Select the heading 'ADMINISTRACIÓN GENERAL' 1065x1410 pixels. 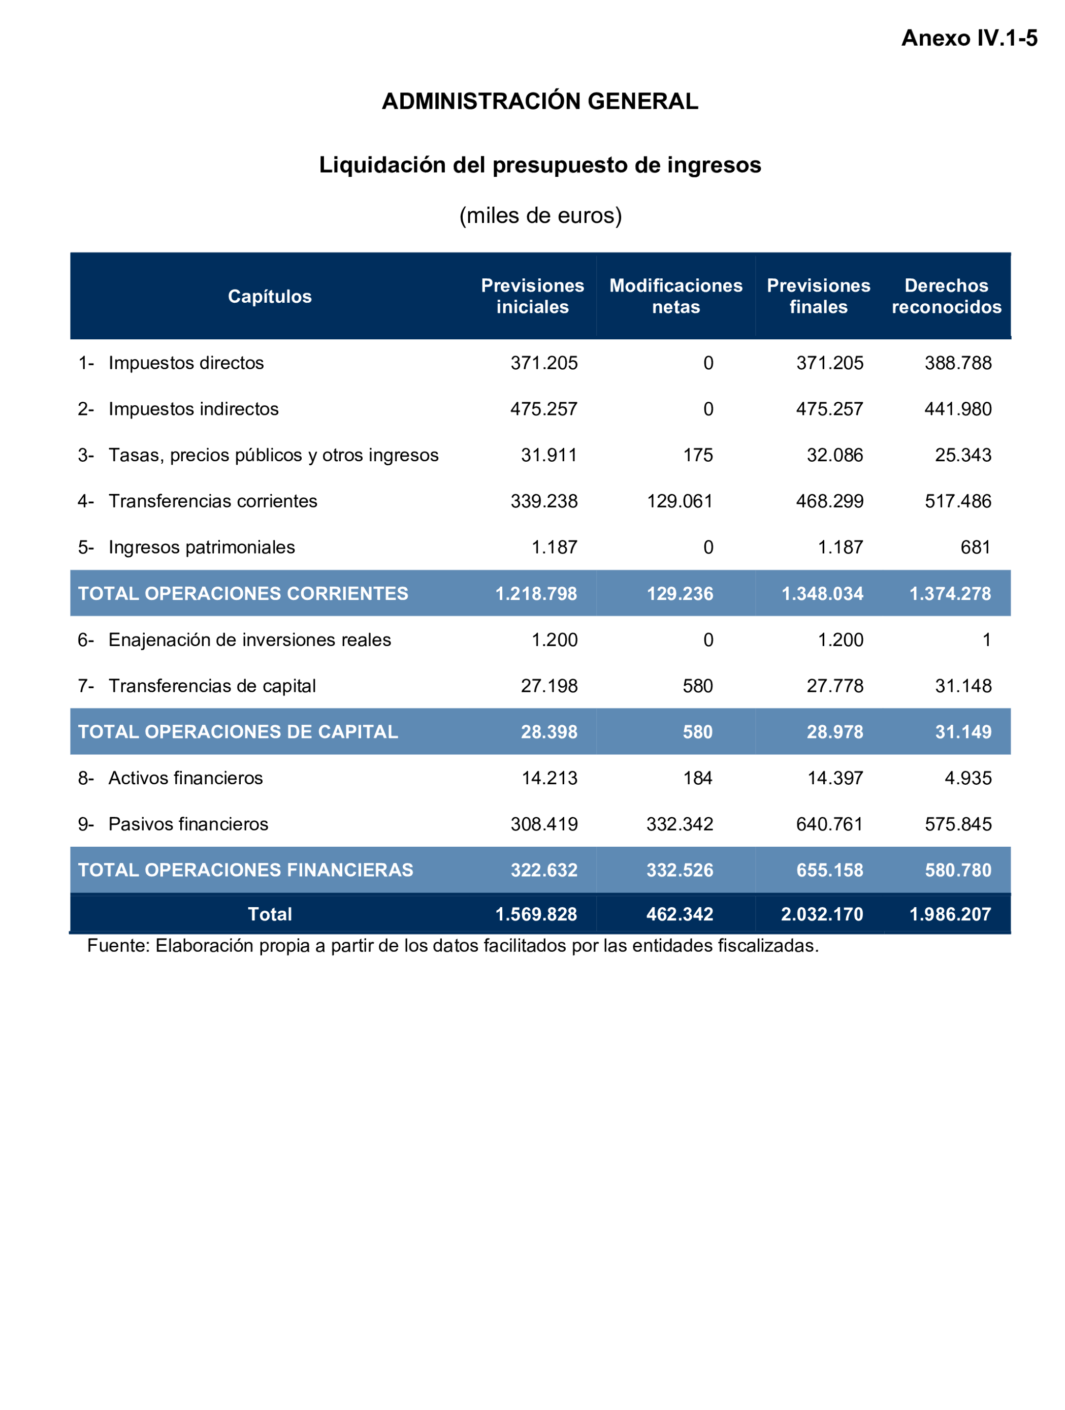click(x=539, y=102)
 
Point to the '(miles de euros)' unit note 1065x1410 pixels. click(x=540, y=215)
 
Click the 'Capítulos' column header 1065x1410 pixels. click(x=270, y=297)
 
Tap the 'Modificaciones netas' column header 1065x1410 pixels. click(x=675, y=297)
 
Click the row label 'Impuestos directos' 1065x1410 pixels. click(x=185, y=363)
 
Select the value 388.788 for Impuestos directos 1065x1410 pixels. click(x=957, y=363)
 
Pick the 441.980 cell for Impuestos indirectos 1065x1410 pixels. click(x=957, y=408)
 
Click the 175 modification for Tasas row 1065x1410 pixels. click(x=698, y=455)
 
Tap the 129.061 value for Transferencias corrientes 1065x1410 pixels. click(x=680, y=501)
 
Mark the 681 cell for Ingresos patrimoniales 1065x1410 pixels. click(x=975, y=547)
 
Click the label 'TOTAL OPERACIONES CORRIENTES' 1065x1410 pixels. click(x=243, y=593)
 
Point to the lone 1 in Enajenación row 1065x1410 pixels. click(x=986, y=639)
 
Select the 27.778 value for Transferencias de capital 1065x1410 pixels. click(x=834, y=686)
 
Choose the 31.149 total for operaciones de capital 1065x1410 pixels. click(x=962, y=732)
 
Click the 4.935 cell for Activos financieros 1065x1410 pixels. click(x=967, y=778)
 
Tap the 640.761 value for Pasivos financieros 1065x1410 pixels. click(x=829, y=824)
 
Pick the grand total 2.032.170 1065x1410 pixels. click(x=822, y=914)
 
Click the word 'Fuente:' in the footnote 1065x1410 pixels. click(x=118, y=945)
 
